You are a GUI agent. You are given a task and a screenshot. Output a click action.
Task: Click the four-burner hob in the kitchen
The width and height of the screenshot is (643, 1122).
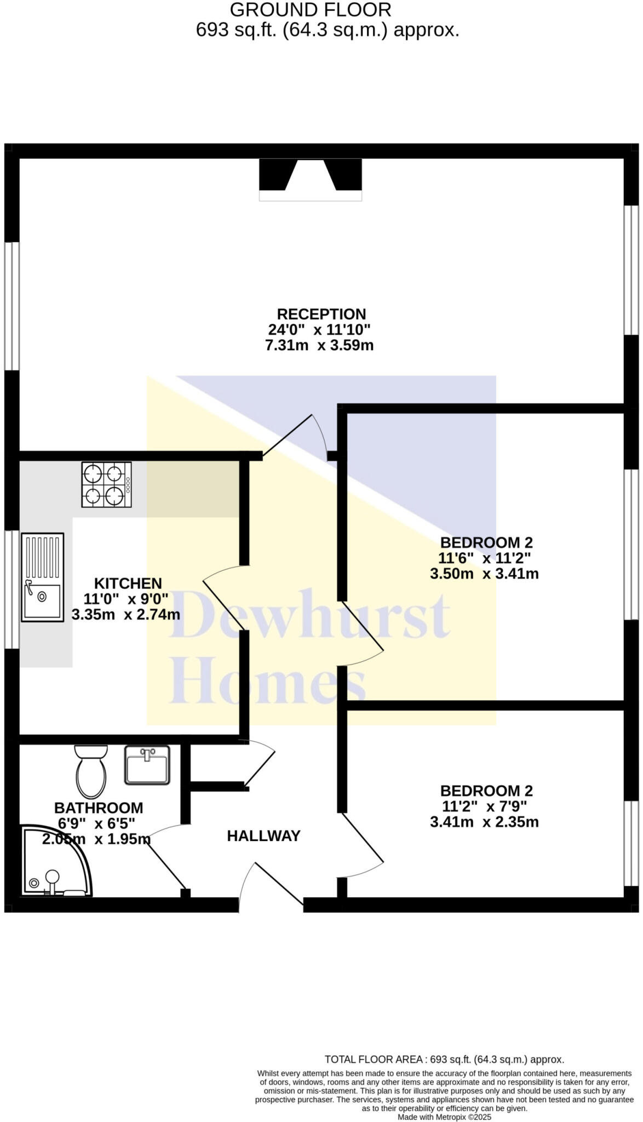coord(106,484)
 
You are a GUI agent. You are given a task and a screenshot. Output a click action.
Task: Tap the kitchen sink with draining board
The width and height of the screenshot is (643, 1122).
coord(42,577)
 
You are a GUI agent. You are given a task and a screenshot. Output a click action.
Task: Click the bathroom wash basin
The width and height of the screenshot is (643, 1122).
coord(147,765)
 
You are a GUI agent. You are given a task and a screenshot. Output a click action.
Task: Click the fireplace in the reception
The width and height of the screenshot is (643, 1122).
coord(310,179)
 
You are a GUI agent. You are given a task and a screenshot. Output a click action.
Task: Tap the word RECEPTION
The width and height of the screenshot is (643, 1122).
coord(321,314)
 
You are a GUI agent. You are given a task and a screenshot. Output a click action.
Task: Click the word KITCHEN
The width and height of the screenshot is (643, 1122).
coord(128,583)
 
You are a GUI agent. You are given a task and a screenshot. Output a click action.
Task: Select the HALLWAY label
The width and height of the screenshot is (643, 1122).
coord(263,836)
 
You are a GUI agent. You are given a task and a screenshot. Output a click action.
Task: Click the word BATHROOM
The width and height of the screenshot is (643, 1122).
coord(99,808)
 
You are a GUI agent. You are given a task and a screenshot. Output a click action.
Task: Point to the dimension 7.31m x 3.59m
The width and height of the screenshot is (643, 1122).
coord(319,346)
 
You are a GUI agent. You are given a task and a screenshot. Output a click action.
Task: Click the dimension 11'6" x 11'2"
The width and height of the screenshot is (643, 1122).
coord(484,558)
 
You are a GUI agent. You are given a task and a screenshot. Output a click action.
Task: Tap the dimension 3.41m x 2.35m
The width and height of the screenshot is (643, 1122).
coord(484,822)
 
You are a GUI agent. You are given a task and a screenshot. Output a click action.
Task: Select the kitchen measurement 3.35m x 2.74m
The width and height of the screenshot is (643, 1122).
coord(126,614)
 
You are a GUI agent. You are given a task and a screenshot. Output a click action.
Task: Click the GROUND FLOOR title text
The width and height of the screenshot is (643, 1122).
coord(311,10)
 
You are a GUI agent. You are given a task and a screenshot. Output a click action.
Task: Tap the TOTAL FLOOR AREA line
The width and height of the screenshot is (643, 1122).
coord(444,1059)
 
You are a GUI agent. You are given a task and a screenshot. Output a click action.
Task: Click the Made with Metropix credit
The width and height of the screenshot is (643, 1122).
coord(444,1117)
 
